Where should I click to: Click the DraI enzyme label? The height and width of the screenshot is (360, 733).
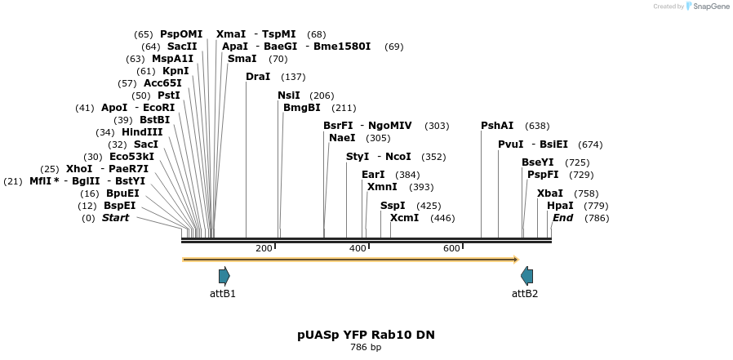point(257,77)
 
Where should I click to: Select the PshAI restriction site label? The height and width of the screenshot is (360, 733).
point(497,126)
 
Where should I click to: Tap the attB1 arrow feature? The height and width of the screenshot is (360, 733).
point(224,275)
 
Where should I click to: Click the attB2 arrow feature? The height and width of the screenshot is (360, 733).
point(526,275)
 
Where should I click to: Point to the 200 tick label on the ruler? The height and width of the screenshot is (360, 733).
point(264,248)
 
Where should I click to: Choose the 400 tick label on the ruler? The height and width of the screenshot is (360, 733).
point(358,248)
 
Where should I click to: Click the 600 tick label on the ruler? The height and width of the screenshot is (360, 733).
point(451,248)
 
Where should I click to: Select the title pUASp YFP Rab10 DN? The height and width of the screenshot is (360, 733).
point(366,335)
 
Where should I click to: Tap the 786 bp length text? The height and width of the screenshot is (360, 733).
point(366,348)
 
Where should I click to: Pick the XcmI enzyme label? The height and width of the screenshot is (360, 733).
point(404,218)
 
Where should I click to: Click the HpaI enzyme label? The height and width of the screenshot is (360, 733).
point(560,206)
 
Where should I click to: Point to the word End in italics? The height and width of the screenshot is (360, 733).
point(562,218)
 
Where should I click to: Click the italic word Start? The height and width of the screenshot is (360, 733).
point(115,218)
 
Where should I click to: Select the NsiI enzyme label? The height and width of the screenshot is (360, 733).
point(289,96)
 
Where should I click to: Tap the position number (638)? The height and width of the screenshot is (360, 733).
point(537,126)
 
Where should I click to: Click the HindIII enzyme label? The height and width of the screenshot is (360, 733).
point(142,132)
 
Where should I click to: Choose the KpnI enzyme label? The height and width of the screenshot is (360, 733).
point(175,71)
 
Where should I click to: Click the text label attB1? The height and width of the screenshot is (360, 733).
point(223,294)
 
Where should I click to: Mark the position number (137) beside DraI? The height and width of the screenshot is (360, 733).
point(293,77)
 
